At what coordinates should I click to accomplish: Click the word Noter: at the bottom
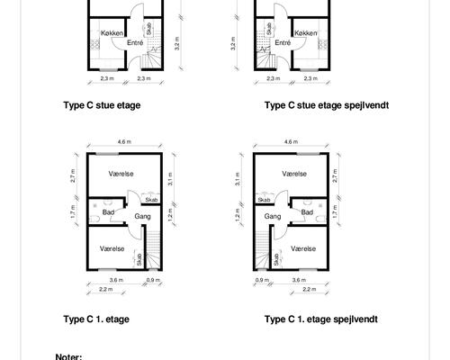68,357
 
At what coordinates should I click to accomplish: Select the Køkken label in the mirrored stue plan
305,33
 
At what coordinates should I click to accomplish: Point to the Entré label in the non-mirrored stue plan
135,42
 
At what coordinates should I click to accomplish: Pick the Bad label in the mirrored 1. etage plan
307,212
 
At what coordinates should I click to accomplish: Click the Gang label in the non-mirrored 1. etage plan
142,216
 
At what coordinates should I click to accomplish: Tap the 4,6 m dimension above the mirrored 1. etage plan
292,141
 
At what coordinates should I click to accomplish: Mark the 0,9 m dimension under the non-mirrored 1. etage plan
153,280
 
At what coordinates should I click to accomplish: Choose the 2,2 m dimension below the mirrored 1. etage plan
310,289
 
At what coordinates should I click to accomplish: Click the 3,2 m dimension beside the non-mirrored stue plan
177,43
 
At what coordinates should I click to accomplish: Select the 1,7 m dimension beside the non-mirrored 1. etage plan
74,211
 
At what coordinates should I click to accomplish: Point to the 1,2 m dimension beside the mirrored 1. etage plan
238,215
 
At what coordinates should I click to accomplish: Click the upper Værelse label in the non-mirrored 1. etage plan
121,174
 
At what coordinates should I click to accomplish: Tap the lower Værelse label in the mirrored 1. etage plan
303,248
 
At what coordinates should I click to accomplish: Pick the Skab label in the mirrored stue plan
269,29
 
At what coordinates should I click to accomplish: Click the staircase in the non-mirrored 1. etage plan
154,249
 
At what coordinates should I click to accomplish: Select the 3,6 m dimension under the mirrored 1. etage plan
299,280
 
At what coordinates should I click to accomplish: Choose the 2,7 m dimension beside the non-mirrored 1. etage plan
74,175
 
